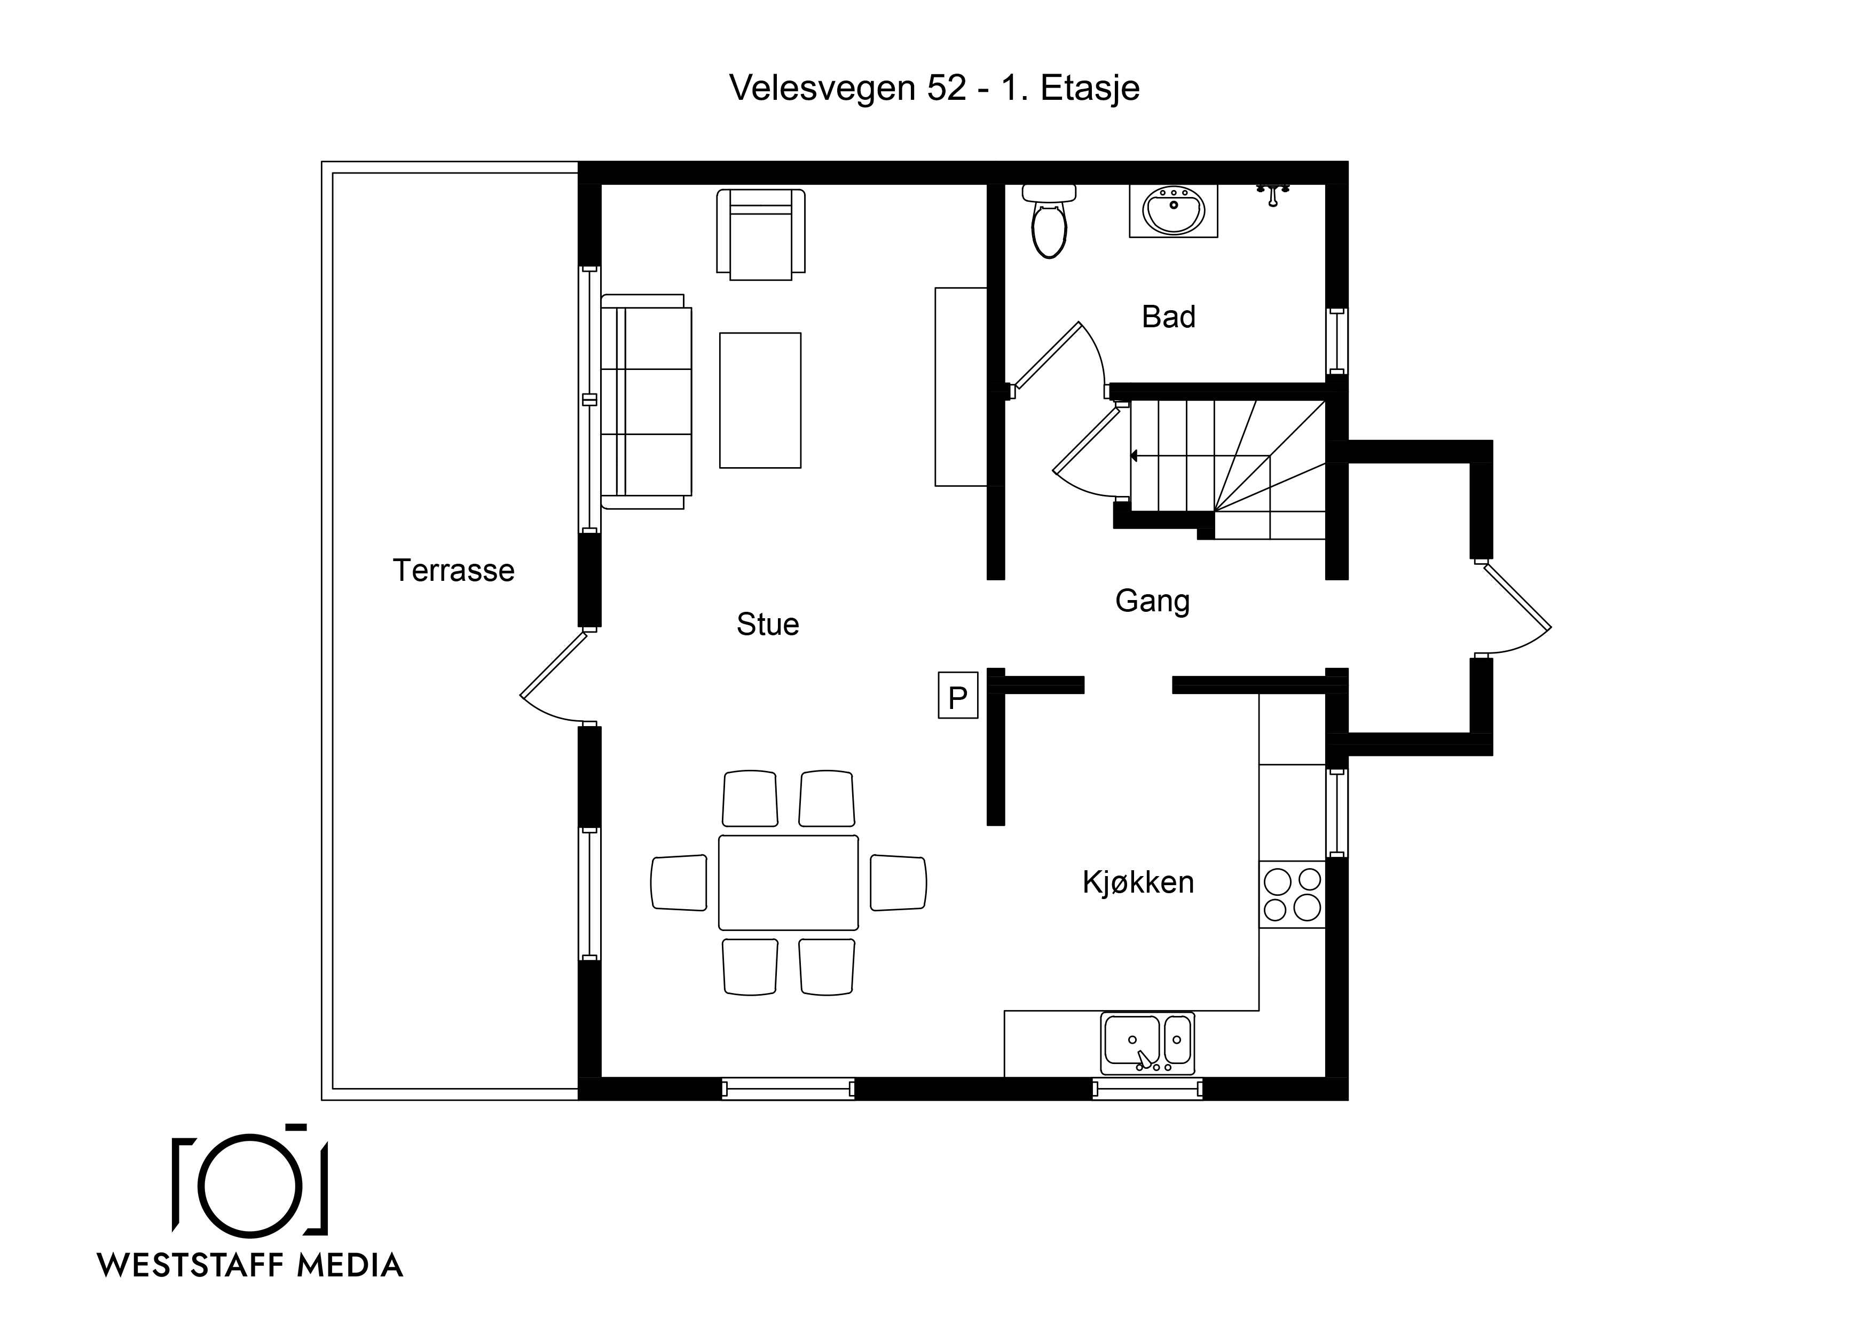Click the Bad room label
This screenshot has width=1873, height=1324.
(x=1168, y=317)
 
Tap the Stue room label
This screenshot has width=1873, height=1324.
(x=768, y=624)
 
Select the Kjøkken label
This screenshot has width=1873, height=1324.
(x=1138, y=882)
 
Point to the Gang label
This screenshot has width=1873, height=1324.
(x=1152, y=601)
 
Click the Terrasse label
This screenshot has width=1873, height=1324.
(x=453, y=570)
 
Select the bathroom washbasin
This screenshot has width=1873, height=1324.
(x=1173, y=210)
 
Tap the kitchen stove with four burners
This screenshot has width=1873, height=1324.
(x=1292, y=894)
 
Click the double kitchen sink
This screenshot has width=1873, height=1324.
(x=1147, y=1043)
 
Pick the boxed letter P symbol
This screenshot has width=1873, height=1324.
(x=958, y=695)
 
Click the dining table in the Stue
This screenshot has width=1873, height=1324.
(x=788, y=882)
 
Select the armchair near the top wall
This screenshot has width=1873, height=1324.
(x=760, y=234)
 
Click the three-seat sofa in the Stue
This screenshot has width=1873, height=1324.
(x=646, y=401)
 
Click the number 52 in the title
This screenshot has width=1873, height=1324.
(x=946, y=88)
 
